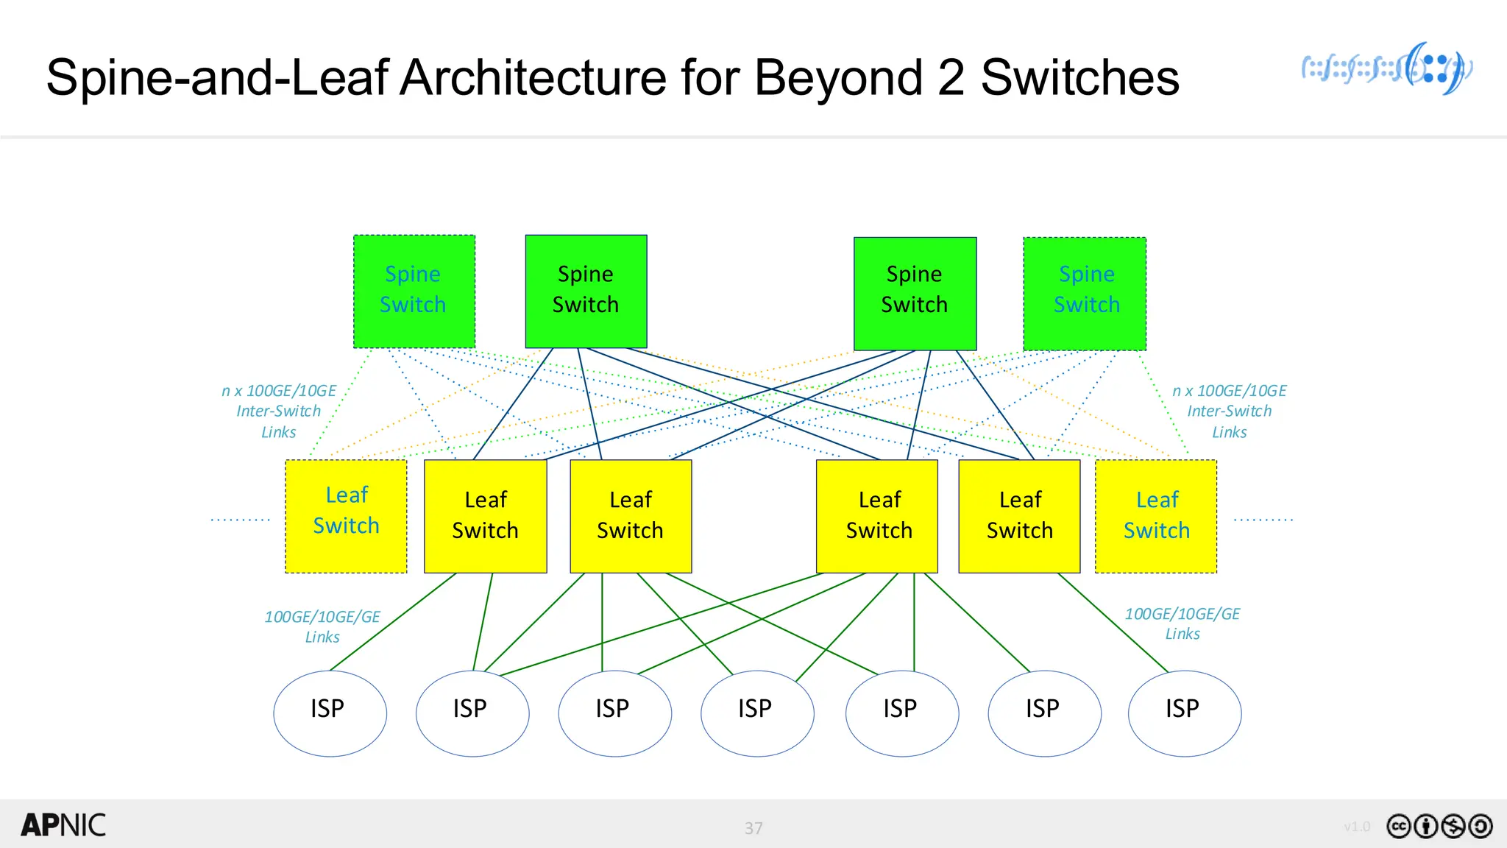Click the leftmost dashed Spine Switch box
pos(414,291)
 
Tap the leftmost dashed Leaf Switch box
pos(346,516)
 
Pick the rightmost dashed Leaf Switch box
pos(1156,516)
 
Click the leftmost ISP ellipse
pos(330,713)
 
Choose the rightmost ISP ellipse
pos(1185,713)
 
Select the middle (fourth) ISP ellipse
pos(757,713)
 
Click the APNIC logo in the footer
pos(63,825)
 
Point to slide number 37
pos(753,828)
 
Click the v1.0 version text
pos(1356,827)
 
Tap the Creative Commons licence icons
pos(1439,826)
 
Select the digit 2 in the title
pos(951,77)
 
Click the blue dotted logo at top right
pos(1386,68)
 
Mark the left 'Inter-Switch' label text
pos(278,411)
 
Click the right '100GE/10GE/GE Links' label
pos(1182,623)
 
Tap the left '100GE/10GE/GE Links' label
pos(322,626)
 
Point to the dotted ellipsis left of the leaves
pos(241,520)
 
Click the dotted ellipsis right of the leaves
pos(1263,520)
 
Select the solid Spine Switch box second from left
pos(586,291)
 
